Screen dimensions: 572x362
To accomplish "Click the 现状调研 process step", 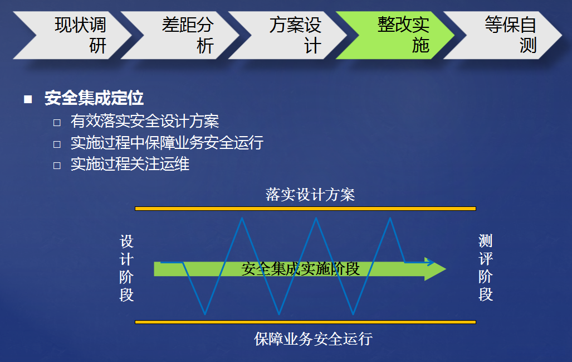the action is tap(73, 35).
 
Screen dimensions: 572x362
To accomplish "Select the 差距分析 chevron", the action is tap(180, 35).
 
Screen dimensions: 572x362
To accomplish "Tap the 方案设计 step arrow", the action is tap(288, 35).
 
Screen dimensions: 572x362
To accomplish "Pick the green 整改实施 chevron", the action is tap(396, 35).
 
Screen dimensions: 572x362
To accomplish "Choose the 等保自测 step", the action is tap(503, 35).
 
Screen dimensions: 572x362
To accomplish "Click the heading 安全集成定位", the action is tap(94, 98).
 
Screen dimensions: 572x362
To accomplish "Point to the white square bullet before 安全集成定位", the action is tap(28, 99).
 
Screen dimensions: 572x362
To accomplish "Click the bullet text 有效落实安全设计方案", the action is tap(145, 121).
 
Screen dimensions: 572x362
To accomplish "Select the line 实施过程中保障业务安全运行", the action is tap(167, 142).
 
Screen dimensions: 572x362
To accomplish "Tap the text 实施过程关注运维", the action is tap(130, 163).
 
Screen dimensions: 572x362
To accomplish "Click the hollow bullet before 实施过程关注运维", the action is tap(57, 166).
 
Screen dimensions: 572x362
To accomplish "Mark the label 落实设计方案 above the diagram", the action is tap(310, 194).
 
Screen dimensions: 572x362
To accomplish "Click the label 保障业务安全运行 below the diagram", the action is tap(314, 339).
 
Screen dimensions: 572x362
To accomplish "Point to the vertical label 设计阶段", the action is tap(126, 268).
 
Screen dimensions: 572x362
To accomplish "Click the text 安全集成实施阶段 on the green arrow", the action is tap(301, 269).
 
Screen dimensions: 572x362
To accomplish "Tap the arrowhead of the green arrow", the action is tap(435, 269).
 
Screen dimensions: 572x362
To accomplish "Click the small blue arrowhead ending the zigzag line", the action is tap(431, 262).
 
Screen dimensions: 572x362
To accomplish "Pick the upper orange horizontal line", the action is tap(305, 209).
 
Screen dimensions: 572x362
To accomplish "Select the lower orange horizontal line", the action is tap(305, 322).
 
